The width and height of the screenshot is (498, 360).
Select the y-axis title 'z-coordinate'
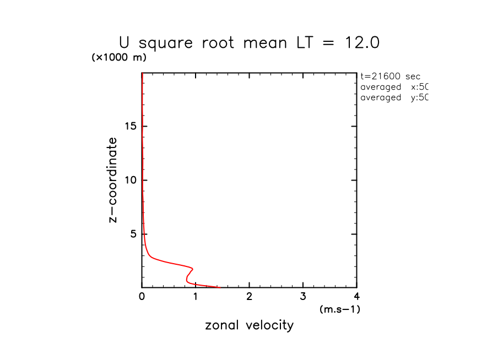pos(113,180)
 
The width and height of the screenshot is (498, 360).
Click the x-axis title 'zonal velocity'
pos(249,325)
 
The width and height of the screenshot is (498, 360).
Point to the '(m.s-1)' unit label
pos(339,309)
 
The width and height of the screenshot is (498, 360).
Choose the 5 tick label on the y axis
pos(132,234)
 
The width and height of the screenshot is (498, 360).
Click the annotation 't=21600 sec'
pos(390,77)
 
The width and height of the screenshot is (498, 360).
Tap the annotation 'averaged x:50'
pos(393,87)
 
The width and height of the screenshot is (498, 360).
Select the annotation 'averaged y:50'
pos(393,97)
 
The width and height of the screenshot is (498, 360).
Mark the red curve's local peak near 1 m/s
pos(192,268)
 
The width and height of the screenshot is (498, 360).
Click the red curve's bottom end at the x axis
pos(219,287)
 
